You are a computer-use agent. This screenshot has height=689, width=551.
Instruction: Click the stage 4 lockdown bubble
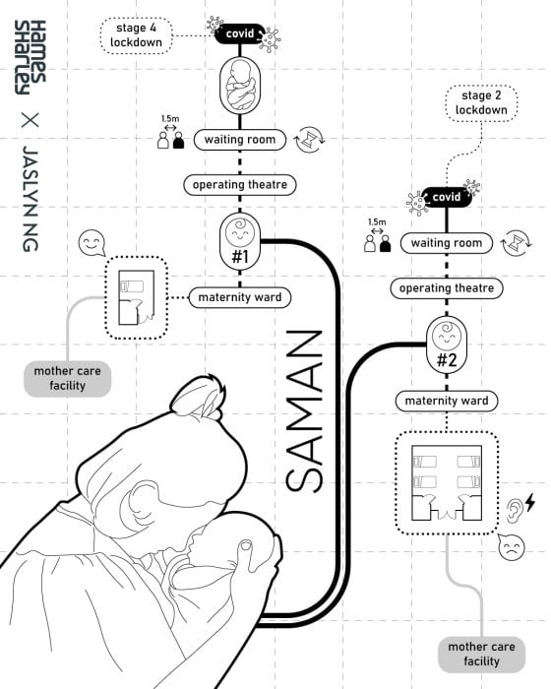[136, 35]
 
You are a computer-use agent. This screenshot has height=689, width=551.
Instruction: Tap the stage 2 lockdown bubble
[481, 103]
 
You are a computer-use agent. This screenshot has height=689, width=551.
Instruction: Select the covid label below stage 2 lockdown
[447, 197]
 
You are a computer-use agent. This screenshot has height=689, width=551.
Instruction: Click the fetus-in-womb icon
[240, 86]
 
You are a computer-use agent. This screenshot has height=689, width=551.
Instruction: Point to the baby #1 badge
[240, 241]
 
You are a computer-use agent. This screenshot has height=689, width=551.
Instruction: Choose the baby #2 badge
[447, 344]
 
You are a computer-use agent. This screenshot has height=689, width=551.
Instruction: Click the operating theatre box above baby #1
[240, 185]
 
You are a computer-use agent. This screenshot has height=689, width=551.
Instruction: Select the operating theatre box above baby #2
[447, 288]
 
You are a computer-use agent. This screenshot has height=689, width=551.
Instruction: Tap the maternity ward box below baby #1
[240, 297]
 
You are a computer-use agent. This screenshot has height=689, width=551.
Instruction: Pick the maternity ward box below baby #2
[447, 402]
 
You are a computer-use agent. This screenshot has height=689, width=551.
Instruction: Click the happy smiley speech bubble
[92, 243]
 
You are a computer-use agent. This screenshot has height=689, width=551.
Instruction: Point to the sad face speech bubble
[511, 547]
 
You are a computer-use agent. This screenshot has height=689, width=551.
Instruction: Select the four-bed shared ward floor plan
[447, 483]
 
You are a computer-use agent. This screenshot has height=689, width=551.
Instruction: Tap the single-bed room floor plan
[136, 297]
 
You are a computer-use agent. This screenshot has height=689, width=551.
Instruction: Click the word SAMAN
[304, 410]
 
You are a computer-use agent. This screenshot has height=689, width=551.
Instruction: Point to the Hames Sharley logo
[30, 57]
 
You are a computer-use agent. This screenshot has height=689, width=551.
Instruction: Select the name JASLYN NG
[31, 199]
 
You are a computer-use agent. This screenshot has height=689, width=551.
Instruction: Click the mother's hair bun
[199, 397]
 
